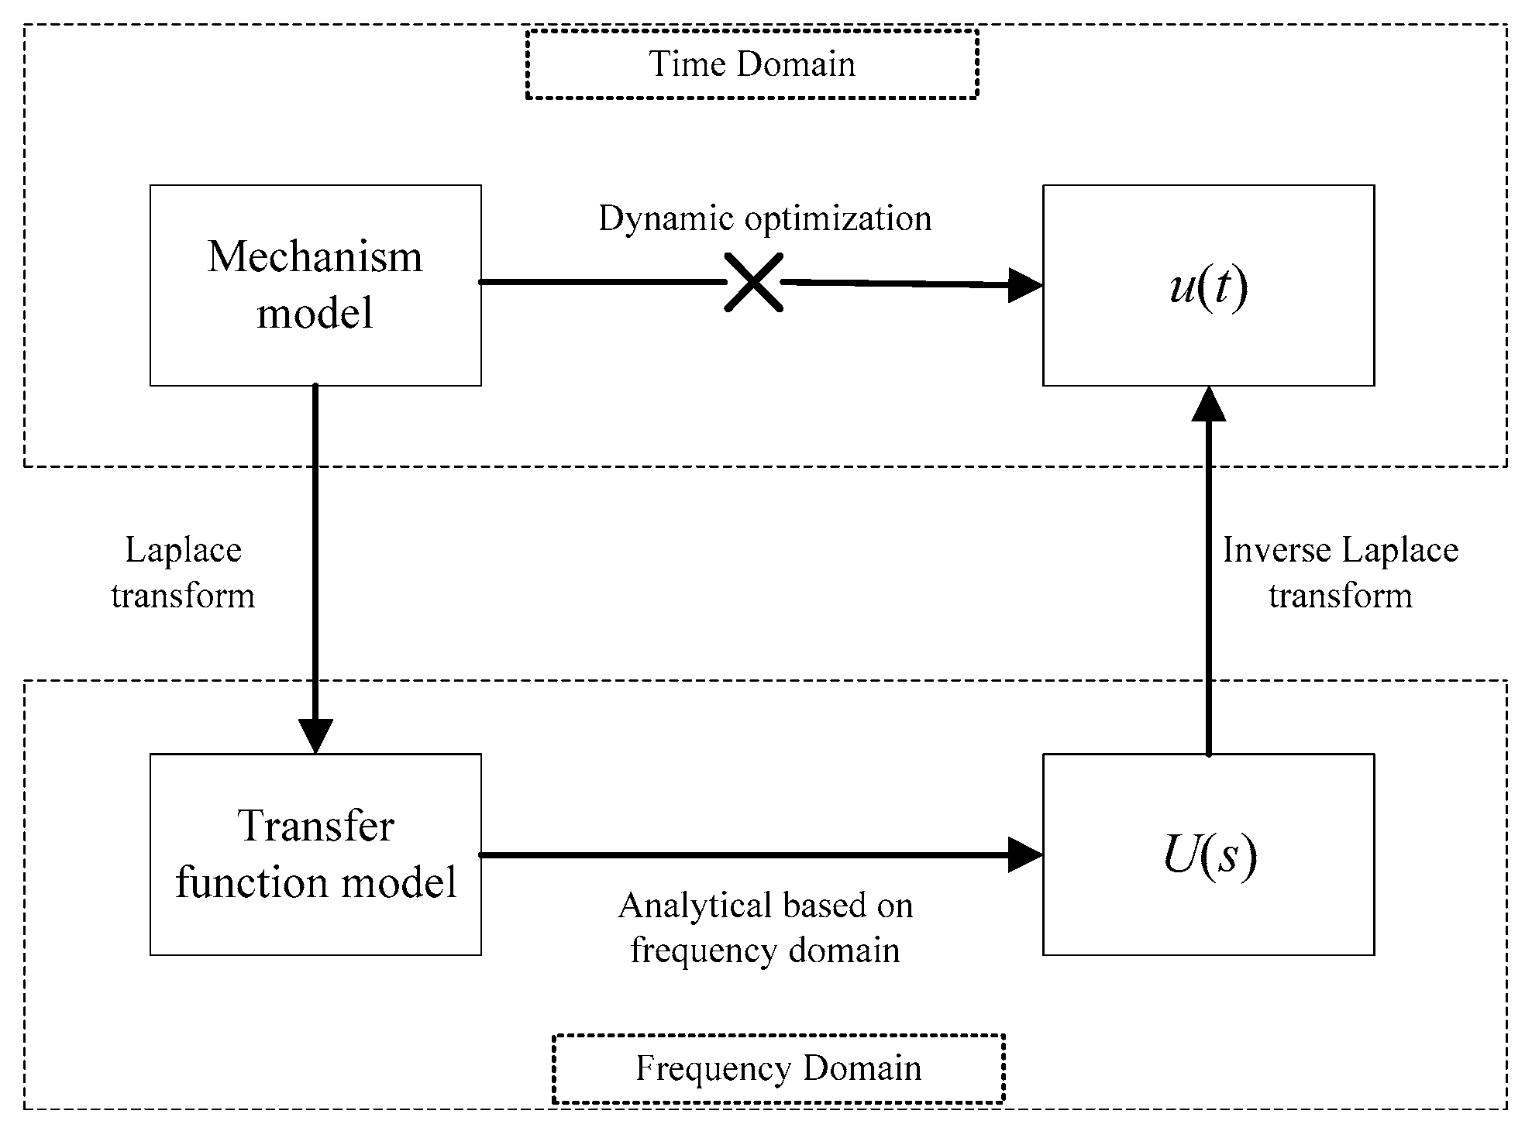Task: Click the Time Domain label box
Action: click(751, 64)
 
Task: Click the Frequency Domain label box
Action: click(778, 1068)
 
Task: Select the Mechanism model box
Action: click(315, 285)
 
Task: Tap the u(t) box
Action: click(1208, 285)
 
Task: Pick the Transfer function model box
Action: click(315, 854)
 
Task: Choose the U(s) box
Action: click(1208, 854)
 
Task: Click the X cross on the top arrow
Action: click(753, 283)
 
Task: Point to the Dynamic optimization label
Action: click(765, 218)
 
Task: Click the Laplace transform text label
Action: click(183, 573)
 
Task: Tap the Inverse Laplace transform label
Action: click(1341, 573)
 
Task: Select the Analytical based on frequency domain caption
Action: click(765, 927)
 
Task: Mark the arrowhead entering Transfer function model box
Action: click(315, 736)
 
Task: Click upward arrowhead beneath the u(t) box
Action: click(1208, 404)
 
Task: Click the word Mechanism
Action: click(315, 257)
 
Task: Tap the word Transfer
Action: click(315, 826)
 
